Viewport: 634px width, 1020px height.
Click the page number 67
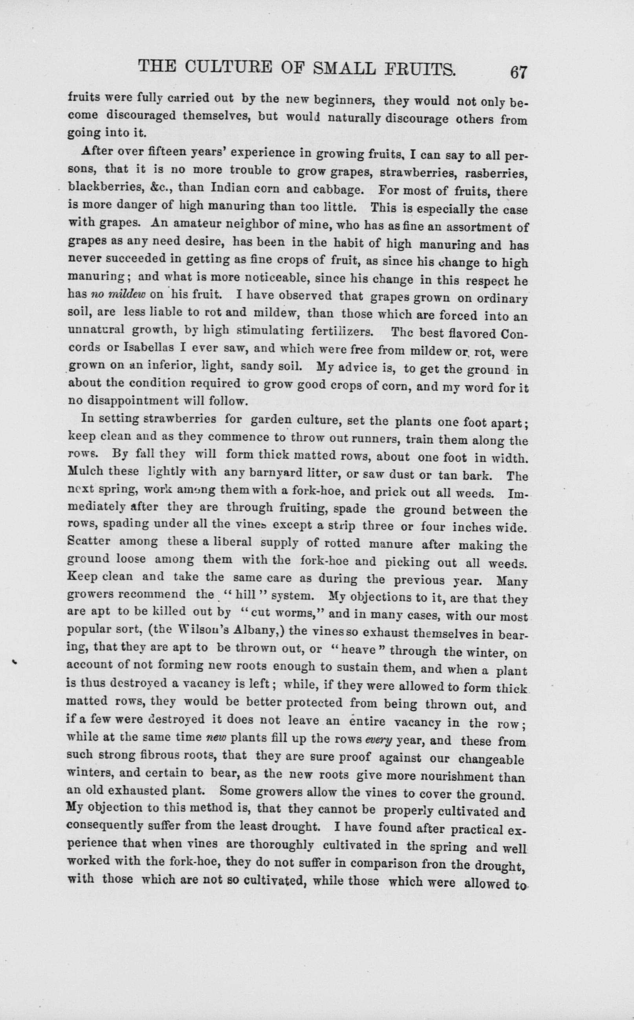click(518, 72)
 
